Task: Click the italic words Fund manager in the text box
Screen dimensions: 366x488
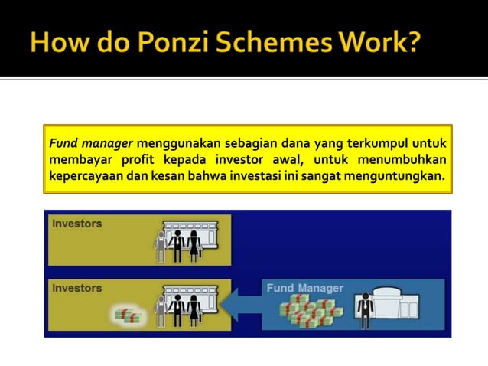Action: [x=90, y=142]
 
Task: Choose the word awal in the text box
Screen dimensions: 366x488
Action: [x=288, y=160]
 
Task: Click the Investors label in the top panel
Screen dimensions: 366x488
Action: [x=76, y=224]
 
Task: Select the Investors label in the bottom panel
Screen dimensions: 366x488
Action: [x=76, y=288]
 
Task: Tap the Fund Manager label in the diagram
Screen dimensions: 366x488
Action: [x=305, y=288]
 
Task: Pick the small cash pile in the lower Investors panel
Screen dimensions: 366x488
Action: [x=127, y=315]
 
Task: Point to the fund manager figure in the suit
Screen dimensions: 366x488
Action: [x=365, y=310]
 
